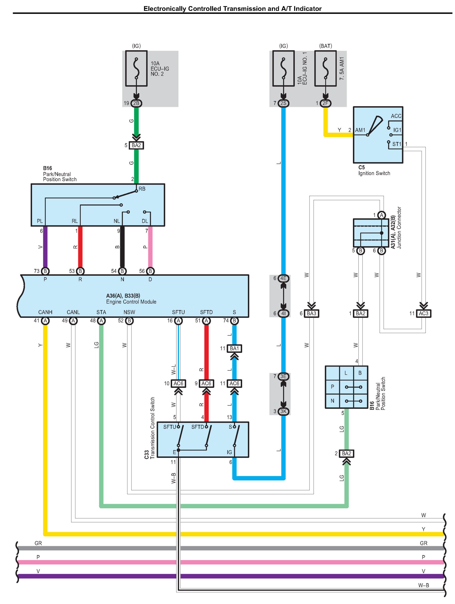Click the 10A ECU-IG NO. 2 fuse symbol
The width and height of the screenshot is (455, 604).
click(x=136, y=69)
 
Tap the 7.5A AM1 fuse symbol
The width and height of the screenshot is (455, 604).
click(x=325, y=69)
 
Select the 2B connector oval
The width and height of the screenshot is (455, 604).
click(x=136, y=103)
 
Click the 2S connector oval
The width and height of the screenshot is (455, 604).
click(x=283, y=103)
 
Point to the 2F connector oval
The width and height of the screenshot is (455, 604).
click(x=325, y=103)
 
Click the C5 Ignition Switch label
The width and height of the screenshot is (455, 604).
click(x=374, y=170)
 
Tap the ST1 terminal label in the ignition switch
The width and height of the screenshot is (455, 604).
click(x=397, y=144)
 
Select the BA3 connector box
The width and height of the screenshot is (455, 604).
click(x=311, y=313)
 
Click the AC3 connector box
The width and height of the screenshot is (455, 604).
click(x=423, y=313)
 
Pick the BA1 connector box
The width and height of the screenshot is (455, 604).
click(x=234, y=348)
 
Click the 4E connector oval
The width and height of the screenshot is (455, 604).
click(x=283, y=278)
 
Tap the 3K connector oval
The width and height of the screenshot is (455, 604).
click(x=283, y=411)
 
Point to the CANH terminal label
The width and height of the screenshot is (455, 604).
click(x=45, y=312)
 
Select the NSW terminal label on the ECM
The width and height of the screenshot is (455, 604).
click(x=129, y=312)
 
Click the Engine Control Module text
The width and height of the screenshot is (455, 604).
click(x=131, y=302)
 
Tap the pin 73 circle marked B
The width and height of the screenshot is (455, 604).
click(x=45, y=271)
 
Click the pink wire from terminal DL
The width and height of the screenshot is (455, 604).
click(x=150, y=247)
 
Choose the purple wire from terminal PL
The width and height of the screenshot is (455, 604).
click(x=45, y=247)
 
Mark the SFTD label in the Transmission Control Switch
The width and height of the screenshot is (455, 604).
click(x=198, y=427)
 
